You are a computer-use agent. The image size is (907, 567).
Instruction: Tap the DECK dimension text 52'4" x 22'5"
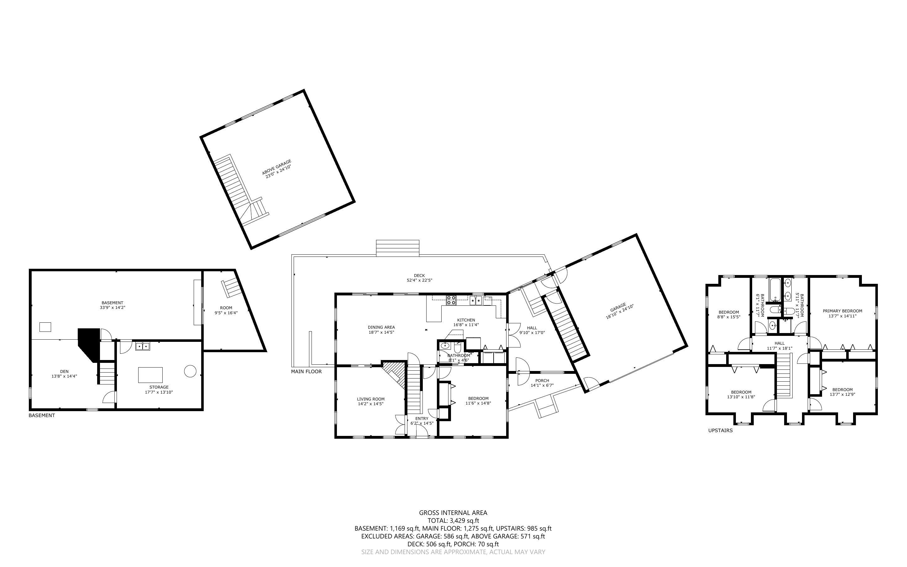419,280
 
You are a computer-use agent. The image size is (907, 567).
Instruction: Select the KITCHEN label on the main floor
466,320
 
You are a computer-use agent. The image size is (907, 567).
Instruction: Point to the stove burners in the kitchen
451,299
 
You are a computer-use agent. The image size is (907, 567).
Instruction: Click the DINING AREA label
381,327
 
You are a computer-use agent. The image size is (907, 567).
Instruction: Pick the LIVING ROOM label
370,399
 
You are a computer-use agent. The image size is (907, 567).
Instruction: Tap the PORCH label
542,381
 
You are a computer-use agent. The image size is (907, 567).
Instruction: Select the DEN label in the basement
64,371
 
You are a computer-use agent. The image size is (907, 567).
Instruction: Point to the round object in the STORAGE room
190,371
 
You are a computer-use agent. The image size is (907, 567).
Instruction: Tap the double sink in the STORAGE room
142,346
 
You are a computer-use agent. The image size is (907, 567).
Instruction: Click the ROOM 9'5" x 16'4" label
226,308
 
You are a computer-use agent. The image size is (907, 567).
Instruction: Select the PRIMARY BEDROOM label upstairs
842,311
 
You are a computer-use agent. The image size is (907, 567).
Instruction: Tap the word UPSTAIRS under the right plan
720,431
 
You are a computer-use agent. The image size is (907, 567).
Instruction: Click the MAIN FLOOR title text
306,372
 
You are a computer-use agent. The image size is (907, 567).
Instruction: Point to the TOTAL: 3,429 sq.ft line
453,521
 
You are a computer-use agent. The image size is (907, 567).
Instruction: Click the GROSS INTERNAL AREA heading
453,513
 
